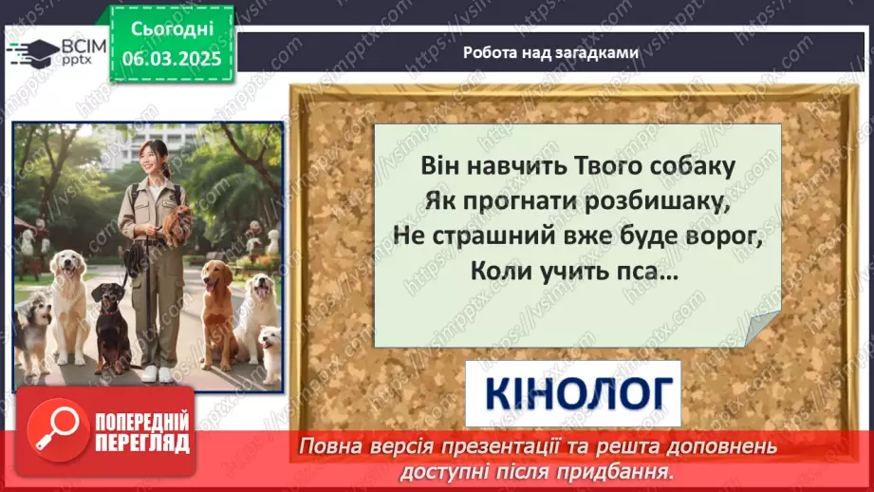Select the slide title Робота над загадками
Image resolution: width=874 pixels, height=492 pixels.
(550, 53)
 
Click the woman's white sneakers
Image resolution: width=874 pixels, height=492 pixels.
(158, 372)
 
